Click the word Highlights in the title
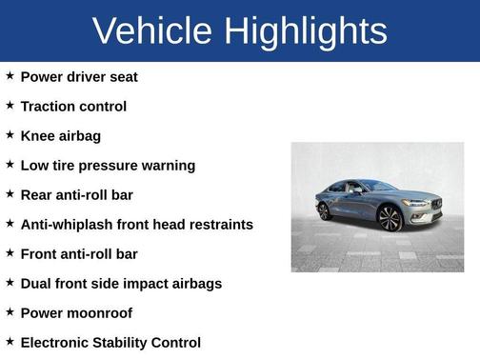[305, 31]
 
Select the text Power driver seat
[79, 76]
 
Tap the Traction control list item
[73, 106]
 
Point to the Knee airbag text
[60, 135]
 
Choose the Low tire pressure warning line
[108, 165]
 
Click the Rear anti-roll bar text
[77, 194]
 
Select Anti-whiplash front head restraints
[137, 224]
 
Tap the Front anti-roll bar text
[79, 253]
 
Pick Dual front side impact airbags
[121, 283]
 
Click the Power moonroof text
[76, 312]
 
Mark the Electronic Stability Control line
[110, 342]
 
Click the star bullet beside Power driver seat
[10, 75]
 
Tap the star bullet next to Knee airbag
[10, 134]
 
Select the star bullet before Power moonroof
[10, 311]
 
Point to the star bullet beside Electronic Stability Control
[10, 341]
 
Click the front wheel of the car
[389, 218]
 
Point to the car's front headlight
[416, 203]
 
